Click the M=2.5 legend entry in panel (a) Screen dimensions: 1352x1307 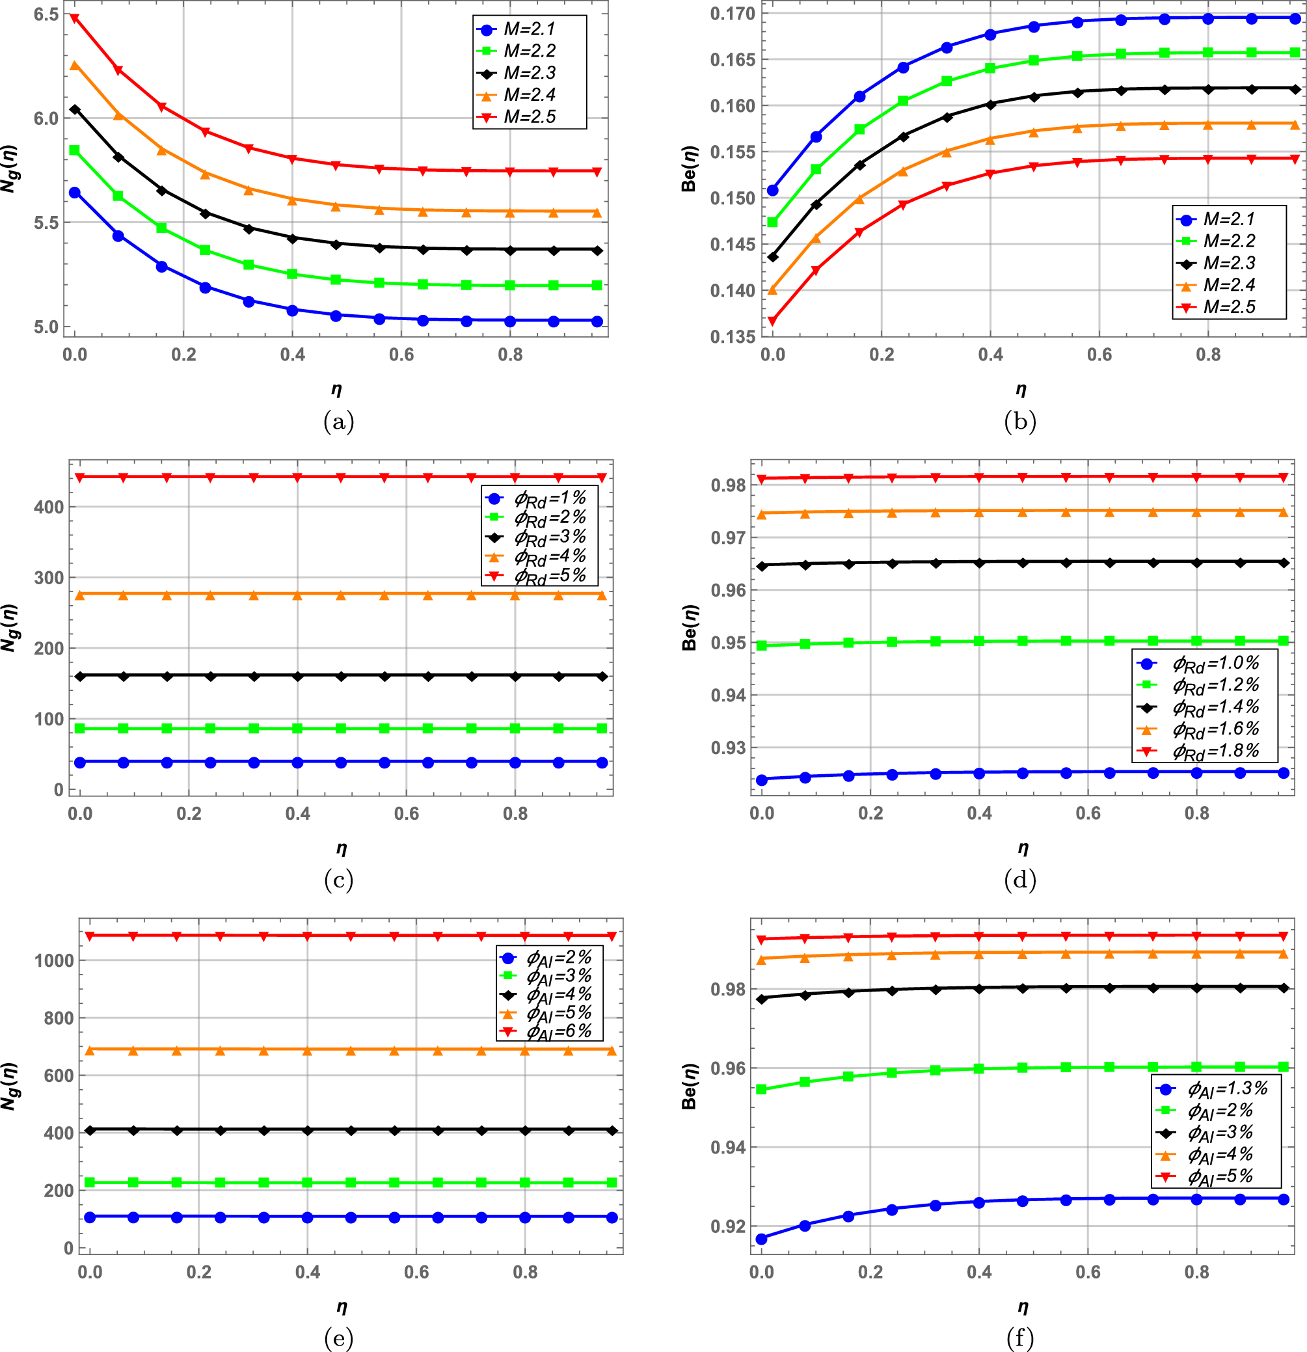529,116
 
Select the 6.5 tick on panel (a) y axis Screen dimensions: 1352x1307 46,14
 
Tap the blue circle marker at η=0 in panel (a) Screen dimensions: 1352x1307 74,193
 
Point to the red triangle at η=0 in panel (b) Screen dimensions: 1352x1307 772,321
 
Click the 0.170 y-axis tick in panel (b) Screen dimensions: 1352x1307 733,14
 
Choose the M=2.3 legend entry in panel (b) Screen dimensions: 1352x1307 1229,263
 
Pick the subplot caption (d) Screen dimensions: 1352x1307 1020,880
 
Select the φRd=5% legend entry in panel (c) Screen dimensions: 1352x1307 550,575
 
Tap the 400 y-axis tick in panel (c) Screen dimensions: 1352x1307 48,507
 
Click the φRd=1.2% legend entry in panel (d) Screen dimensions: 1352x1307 1215,685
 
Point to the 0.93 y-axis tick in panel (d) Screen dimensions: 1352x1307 729,748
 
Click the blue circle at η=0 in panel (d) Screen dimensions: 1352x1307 762,780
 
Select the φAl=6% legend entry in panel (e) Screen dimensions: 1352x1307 559,1031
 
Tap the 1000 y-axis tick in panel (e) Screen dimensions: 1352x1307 54,960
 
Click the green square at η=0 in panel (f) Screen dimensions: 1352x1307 762,1089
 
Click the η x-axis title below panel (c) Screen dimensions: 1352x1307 342,848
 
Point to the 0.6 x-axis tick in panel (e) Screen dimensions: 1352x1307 416,1272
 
